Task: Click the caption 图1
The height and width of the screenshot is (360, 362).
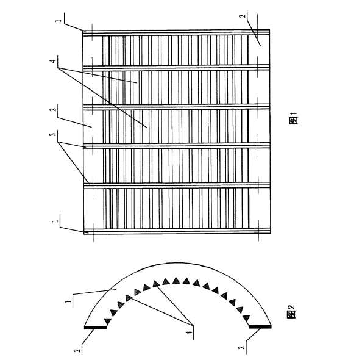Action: (x=293, y=118)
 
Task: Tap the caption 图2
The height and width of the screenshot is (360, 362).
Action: (x=291, y=312)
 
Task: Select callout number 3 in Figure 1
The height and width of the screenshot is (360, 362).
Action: (x=53, y=134)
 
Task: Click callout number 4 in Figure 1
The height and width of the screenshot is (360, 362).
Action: (x=53, y=61)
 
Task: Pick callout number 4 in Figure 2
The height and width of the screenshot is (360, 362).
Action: (x=189, y=333)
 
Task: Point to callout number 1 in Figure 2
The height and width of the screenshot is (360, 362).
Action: (x=68, y=302)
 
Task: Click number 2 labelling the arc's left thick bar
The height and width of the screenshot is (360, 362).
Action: (x=77, y=350)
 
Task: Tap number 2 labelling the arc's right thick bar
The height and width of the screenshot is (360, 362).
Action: (x=241, y=347)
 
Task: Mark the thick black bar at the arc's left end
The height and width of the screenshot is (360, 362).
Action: (x=96, y=328)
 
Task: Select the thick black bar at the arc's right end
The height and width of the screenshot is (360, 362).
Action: (x=260, y=326)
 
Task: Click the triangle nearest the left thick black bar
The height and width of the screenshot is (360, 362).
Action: (x=108, y=321)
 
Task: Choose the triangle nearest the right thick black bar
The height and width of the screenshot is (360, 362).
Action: (x=246, y=319)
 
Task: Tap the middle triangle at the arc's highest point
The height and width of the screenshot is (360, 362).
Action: (x=176, y=281)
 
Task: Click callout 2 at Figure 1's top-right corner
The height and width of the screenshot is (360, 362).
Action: (x=242, y=16)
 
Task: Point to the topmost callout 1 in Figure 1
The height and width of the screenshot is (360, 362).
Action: (x=59, y=20)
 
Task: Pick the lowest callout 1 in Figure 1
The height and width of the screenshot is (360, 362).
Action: (x=55, y=221)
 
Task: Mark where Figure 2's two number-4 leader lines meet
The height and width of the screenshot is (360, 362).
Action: (x=193, y=325)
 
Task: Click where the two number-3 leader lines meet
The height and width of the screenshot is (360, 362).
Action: (x=58, y=142)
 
